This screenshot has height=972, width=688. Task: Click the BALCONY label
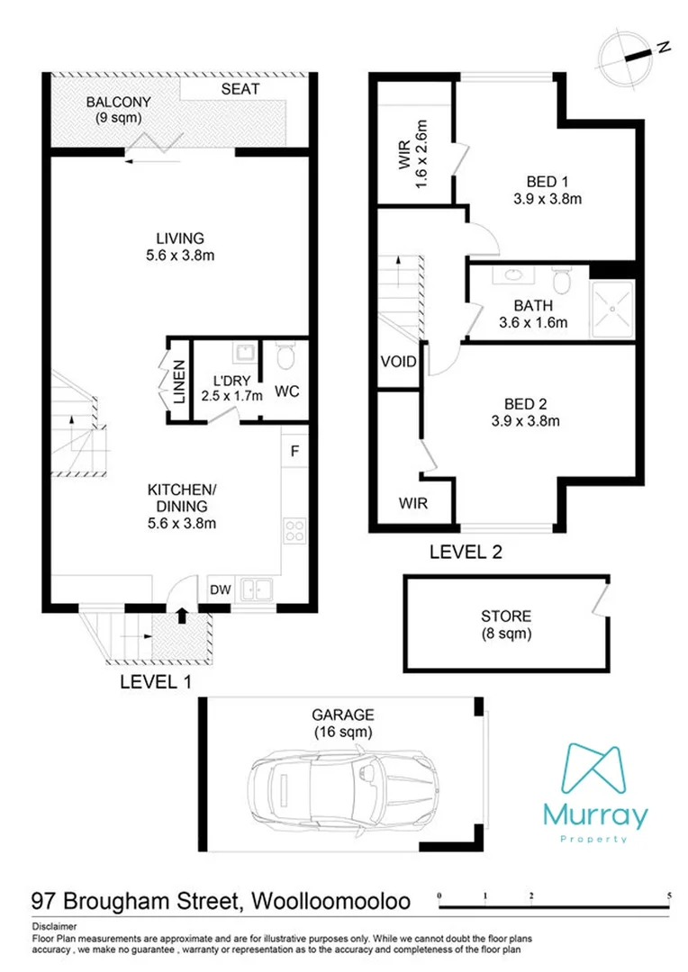coord(113,100)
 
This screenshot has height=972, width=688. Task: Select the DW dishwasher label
coord(221,589)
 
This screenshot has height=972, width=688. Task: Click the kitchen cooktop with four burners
coord(294,531)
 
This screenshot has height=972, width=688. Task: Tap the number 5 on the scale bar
coord(669,895)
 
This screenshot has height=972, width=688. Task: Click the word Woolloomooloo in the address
coord(330,900)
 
